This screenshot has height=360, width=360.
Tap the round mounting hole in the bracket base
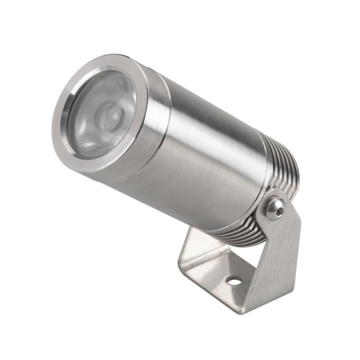click(x=234, y=281)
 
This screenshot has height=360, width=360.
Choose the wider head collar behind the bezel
click(x=148, y=135)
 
